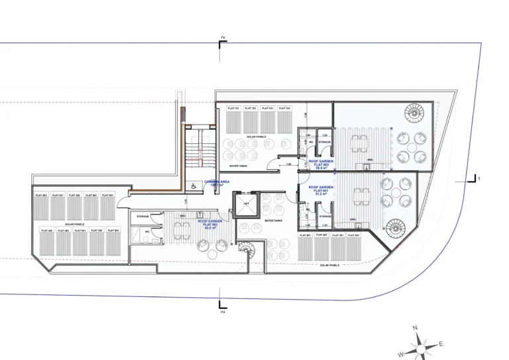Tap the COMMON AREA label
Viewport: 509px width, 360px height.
point(219,184)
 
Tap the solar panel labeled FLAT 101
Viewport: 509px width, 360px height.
point(233,121)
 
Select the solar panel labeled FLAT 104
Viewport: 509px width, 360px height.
point(284,121)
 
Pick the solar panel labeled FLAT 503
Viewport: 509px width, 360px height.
point(113,241)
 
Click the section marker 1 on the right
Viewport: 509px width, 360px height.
point(474,178)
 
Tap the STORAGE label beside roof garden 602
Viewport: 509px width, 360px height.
point(142,216)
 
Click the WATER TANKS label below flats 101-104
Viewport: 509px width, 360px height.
point(239,166)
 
